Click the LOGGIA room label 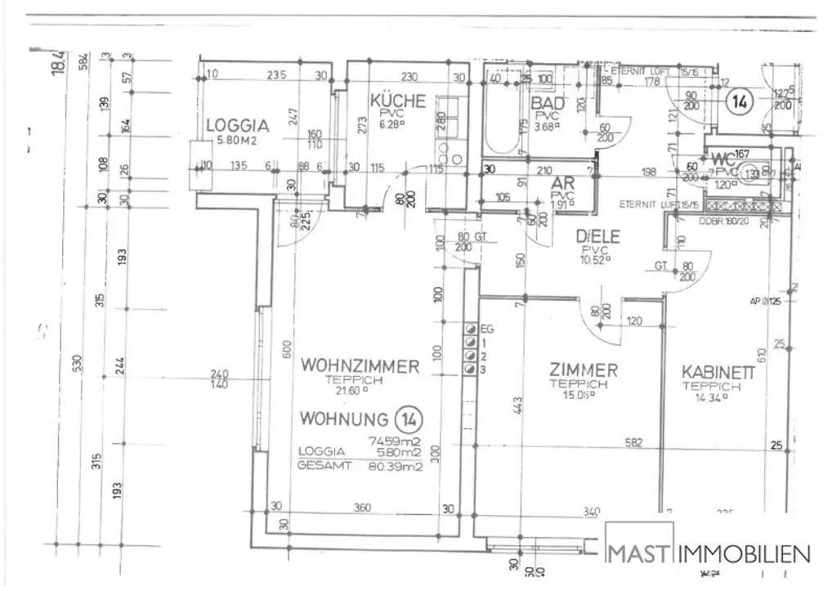237,126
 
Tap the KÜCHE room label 398,101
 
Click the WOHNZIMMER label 360,366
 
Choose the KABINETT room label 718,373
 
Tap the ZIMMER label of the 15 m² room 583,370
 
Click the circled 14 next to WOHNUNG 408,419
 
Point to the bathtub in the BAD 501,123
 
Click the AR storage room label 562,183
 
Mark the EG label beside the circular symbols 488,329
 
